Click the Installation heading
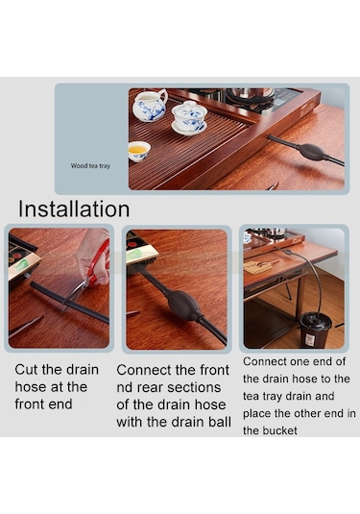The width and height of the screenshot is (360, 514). click(74, 208)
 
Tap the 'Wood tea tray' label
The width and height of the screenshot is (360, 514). click(90, 166)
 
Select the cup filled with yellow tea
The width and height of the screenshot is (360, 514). click(139, 151)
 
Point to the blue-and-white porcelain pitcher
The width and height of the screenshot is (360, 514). click(150, 105)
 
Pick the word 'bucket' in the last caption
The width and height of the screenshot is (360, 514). click(280, 430)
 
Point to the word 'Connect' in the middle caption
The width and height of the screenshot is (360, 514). click(144, 370)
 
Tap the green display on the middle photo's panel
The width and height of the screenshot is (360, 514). click(135, 256)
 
